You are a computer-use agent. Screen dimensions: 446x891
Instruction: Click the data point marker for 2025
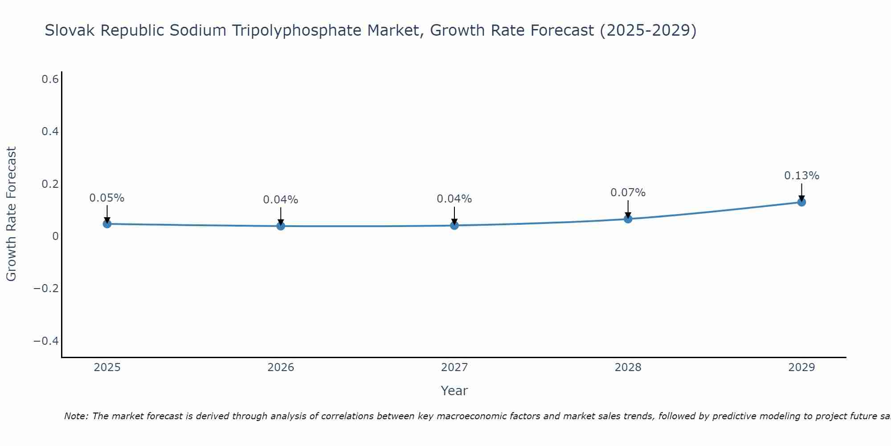[x=107, y=223]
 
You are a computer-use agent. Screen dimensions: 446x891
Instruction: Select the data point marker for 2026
[x=281, y=226]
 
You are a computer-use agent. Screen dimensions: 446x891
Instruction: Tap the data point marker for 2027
[x=454, y=225]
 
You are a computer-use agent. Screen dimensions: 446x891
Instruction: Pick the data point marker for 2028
[x=628, y=219]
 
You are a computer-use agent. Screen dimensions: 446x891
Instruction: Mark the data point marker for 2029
[x=801, y=202]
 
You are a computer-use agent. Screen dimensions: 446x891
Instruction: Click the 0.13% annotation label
[x=801, y=176]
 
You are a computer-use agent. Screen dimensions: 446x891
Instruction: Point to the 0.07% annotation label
[x=628, y=193]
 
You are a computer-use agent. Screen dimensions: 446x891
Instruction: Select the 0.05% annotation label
[x=107, y=198]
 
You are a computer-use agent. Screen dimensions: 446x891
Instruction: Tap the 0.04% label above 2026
[x=281, y=200]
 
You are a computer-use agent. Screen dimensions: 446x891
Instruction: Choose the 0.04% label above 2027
[x=454, y=199]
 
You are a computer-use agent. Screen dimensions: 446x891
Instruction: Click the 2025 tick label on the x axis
[x=107, y=368]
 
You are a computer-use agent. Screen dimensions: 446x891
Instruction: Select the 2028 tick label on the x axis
[x=628, y=368]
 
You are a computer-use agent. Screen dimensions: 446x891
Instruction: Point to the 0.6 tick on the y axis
[x=50, y=79]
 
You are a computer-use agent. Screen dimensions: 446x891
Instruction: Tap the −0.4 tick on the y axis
[x=46, y=341]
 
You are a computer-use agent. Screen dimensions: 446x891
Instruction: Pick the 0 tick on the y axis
[x=55, y=236]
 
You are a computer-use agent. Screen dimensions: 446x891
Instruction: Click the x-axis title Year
[x=454, y=391]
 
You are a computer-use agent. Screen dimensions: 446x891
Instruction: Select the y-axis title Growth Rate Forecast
[x=11, y=214]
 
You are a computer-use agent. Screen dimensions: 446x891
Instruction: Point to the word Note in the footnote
[x=76, y=416]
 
